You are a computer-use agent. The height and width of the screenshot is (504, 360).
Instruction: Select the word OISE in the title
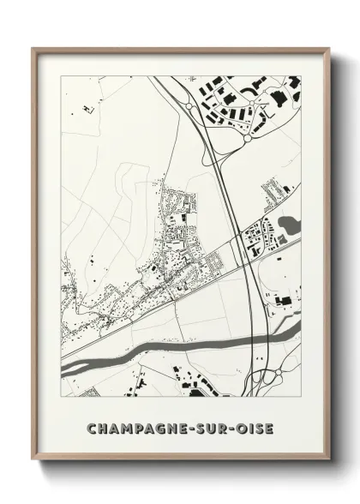pos(254,428)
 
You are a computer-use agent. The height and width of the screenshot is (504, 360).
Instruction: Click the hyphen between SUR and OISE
pos(230,428)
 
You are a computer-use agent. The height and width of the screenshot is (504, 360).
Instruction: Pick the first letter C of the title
pos(91,428)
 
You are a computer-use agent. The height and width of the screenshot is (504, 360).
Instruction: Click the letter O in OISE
pos(240,428)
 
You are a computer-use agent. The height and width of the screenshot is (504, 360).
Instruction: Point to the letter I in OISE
pos(250,428)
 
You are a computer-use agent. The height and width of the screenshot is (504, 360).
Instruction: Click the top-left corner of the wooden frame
pos(33,48)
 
